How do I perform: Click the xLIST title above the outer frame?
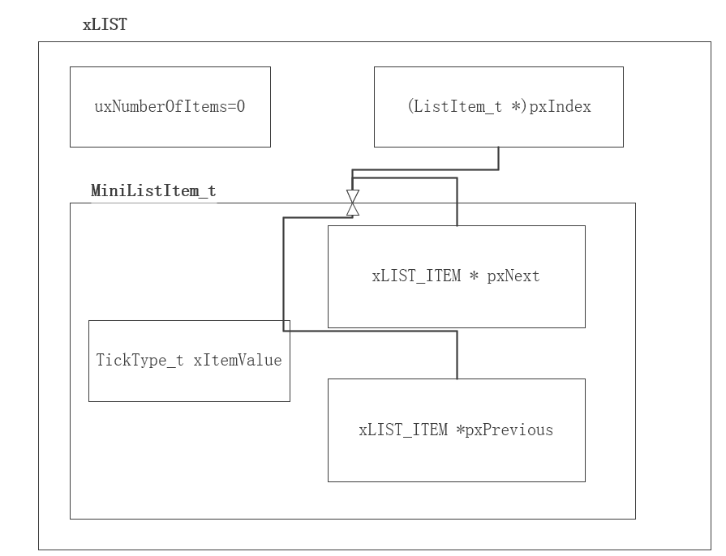pyautogui.click(x=105, y=25)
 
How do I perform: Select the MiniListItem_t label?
pyautogui.click(x=153, y=191)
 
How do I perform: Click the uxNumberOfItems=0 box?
pyautogui.click(x=170, y=107)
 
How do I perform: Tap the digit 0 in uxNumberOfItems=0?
pyautogui.click(x=241, y=107)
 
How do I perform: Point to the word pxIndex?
pyautogui.click(x=561, y=107)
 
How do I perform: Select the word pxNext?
pyautogui.click(x=513, y=276)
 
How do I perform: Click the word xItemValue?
pyautogui.click(x=238, y=360)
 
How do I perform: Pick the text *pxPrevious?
pyautogui.click(x=504, y=430)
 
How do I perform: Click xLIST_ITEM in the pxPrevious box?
pyautogui.click(x=403, y=430)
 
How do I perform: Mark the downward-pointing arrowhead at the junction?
pyautogui.click(x=352, y=196)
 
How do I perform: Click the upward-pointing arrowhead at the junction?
pyautogui.click(x=352, y=209)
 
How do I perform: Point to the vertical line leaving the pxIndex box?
pyautogui.click(x=498, y=158)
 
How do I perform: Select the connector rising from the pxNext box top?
pyautogui.click(x=457, y=203)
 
